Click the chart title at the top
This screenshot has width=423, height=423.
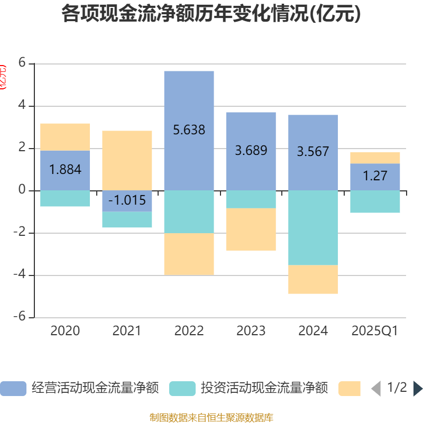211,14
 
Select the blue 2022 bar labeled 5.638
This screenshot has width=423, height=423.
189,131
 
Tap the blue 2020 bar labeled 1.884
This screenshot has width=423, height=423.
65,170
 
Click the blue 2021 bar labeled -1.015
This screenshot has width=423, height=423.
127,201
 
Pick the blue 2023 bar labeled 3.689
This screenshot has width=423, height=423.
251,151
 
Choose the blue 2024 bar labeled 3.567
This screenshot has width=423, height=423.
313,152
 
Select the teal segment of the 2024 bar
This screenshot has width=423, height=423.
313,227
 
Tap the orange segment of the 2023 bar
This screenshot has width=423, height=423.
251,229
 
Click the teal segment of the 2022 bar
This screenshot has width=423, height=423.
189,212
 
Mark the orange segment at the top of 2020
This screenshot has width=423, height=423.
65,137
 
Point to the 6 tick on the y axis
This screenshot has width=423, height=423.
22,62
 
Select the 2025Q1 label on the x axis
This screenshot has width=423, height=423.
375,331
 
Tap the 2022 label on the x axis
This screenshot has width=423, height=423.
189,331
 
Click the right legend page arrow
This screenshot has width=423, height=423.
418,389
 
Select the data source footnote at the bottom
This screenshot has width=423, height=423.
211,417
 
